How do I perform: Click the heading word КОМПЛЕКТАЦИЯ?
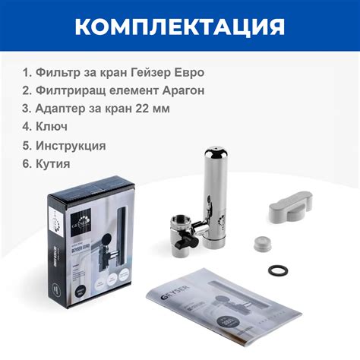point(180,27)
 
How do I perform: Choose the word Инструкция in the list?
point(75,145)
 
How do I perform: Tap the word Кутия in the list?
point(59,163)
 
